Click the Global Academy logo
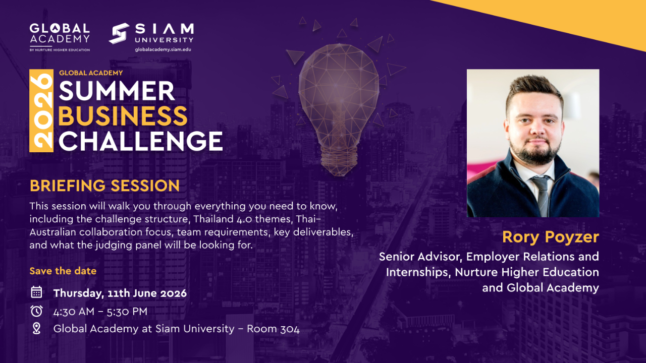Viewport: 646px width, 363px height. coord(60,37)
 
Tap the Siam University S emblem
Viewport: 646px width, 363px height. coord(119,33)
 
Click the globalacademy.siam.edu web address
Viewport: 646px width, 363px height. coord(163,49)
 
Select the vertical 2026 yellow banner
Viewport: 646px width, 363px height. coord(41,110)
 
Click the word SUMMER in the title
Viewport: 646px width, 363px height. coord(117,91)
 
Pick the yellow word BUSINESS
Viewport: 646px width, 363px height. coord(123,116)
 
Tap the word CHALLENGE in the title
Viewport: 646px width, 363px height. coord(141,141)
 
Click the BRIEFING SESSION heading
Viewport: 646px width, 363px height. coord(104,186)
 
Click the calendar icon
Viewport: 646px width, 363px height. coord(36,292)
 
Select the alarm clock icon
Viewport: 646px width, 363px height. coord(36,311)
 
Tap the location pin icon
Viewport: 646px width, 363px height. coord(36,328)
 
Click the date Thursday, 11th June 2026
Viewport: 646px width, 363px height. coord(120,293)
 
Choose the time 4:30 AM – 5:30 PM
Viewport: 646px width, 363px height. coord(100,312)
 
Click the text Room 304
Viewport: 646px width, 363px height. coord(273,329)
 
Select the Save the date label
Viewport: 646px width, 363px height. coord(63,271)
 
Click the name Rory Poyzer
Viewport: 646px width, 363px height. coord(551,237)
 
